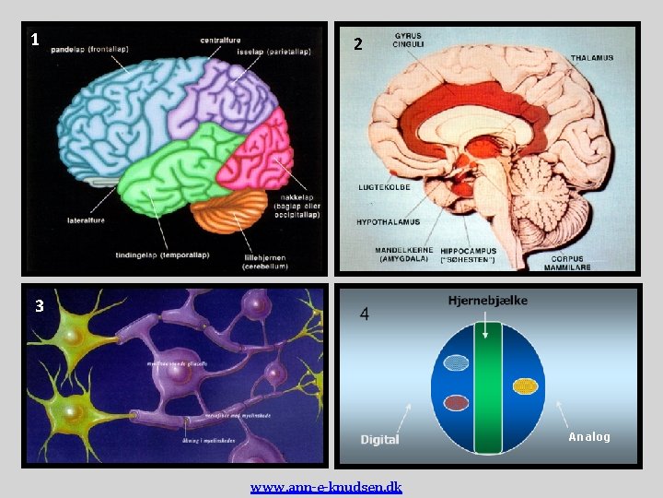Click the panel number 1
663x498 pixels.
click(x=35, y=39)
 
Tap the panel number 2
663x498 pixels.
click(x=358, y=44)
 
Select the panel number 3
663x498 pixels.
click(x=39, y=306)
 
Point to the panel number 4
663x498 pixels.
click(x=366, y=314)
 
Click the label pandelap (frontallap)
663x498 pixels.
click(x=89, y=49)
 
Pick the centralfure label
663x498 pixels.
click(x=222, y=40)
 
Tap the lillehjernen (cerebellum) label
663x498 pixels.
click(x=266, y=262)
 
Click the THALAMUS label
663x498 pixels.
click(x=591, y=58)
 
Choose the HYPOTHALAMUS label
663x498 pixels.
click(x=388, y=222)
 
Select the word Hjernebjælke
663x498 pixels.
click(x=488, y=301)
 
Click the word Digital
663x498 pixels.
click(x=379, y=439)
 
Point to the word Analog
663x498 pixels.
click(x=588, y=436)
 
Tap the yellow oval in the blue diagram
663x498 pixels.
click(x=525, y=385)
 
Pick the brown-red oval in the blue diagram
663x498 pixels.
click(x=456, y=402)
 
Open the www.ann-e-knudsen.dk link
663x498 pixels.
click(x=326, y=487)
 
